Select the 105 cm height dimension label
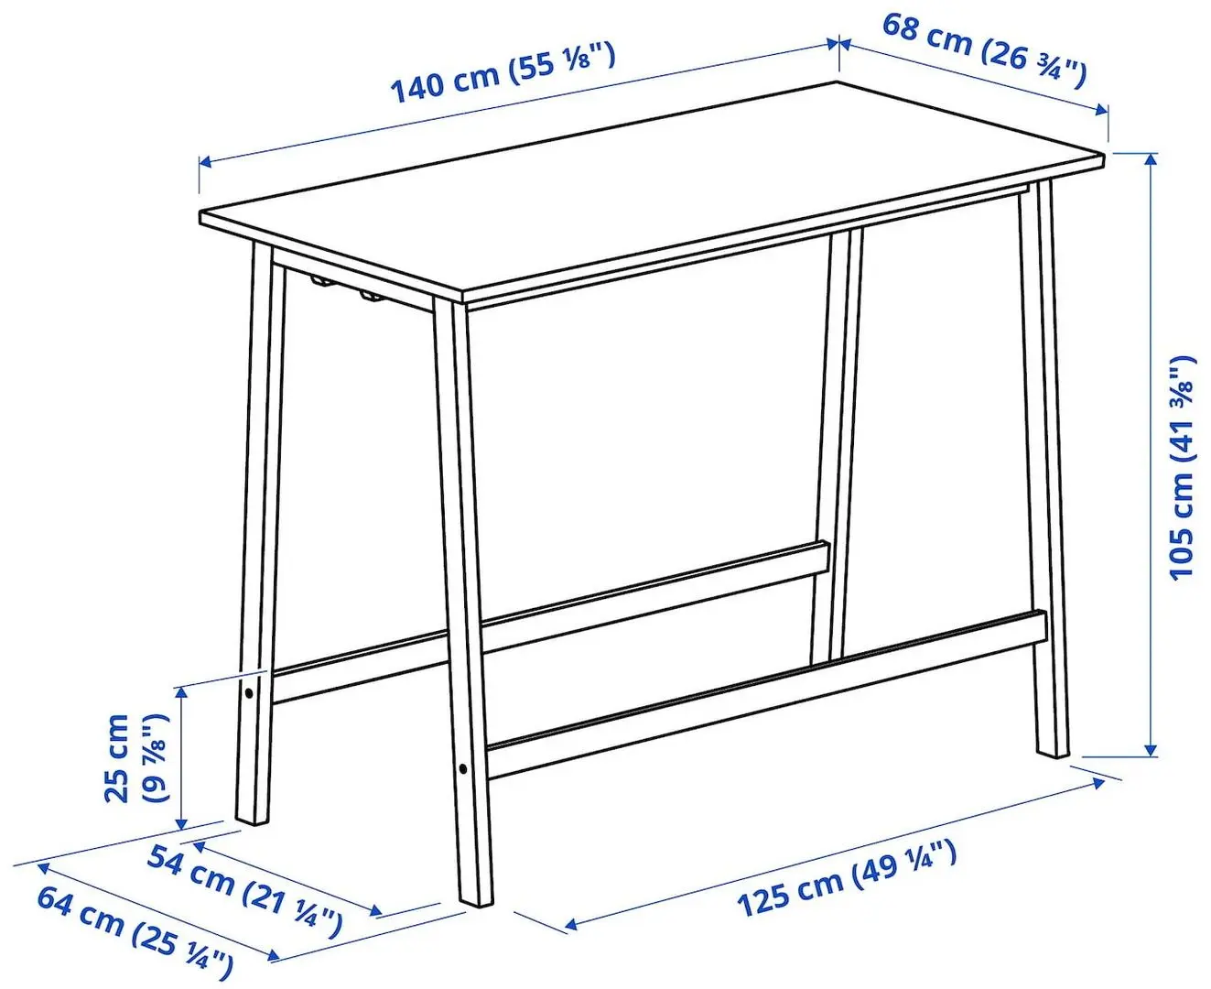(1183, 466)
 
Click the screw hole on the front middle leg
(463, 767)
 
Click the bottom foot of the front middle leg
(475, 898)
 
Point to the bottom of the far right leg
(1053, 746)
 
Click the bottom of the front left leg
(250, 815)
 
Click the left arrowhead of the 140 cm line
(206, 163)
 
